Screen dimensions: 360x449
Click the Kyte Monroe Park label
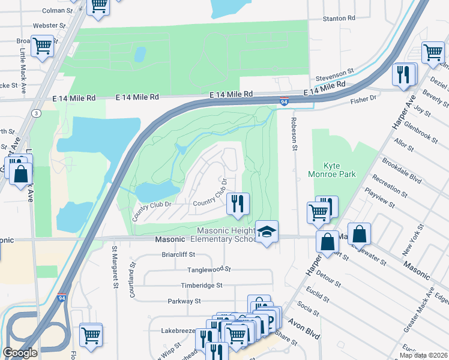pyautogui.click(x=340, y=170)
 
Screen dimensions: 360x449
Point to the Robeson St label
pyautogui.click(x=294, y=133)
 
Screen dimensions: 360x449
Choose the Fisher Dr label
pyautogui.click(x=364, y=97)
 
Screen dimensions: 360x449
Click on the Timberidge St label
pyautogui.click(x=202, y=286)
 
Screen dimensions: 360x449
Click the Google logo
pyautogui.click(x=20, y=353)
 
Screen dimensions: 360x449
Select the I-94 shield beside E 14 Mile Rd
pyautogui.click(x=284, y=102)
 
